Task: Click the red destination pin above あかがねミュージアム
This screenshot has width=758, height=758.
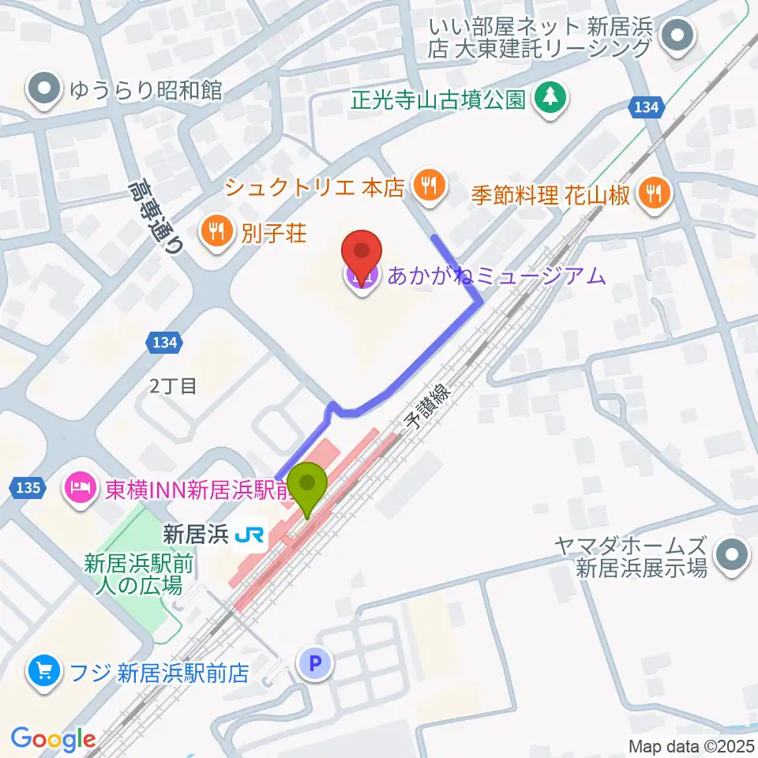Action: (362, 253)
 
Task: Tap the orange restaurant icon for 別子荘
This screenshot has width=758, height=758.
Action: (215, 232)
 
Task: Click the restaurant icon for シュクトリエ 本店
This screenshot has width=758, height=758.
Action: (429, 186)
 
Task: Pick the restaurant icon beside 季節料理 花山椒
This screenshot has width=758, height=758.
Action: (655, 192)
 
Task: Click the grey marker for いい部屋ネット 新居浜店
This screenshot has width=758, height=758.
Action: (677, 36)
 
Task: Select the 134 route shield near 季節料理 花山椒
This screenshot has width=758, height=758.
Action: (645, 108)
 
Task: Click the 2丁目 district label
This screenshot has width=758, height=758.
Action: (173, 385)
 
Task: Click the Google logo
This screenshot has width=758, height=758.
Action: (54, 739)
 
